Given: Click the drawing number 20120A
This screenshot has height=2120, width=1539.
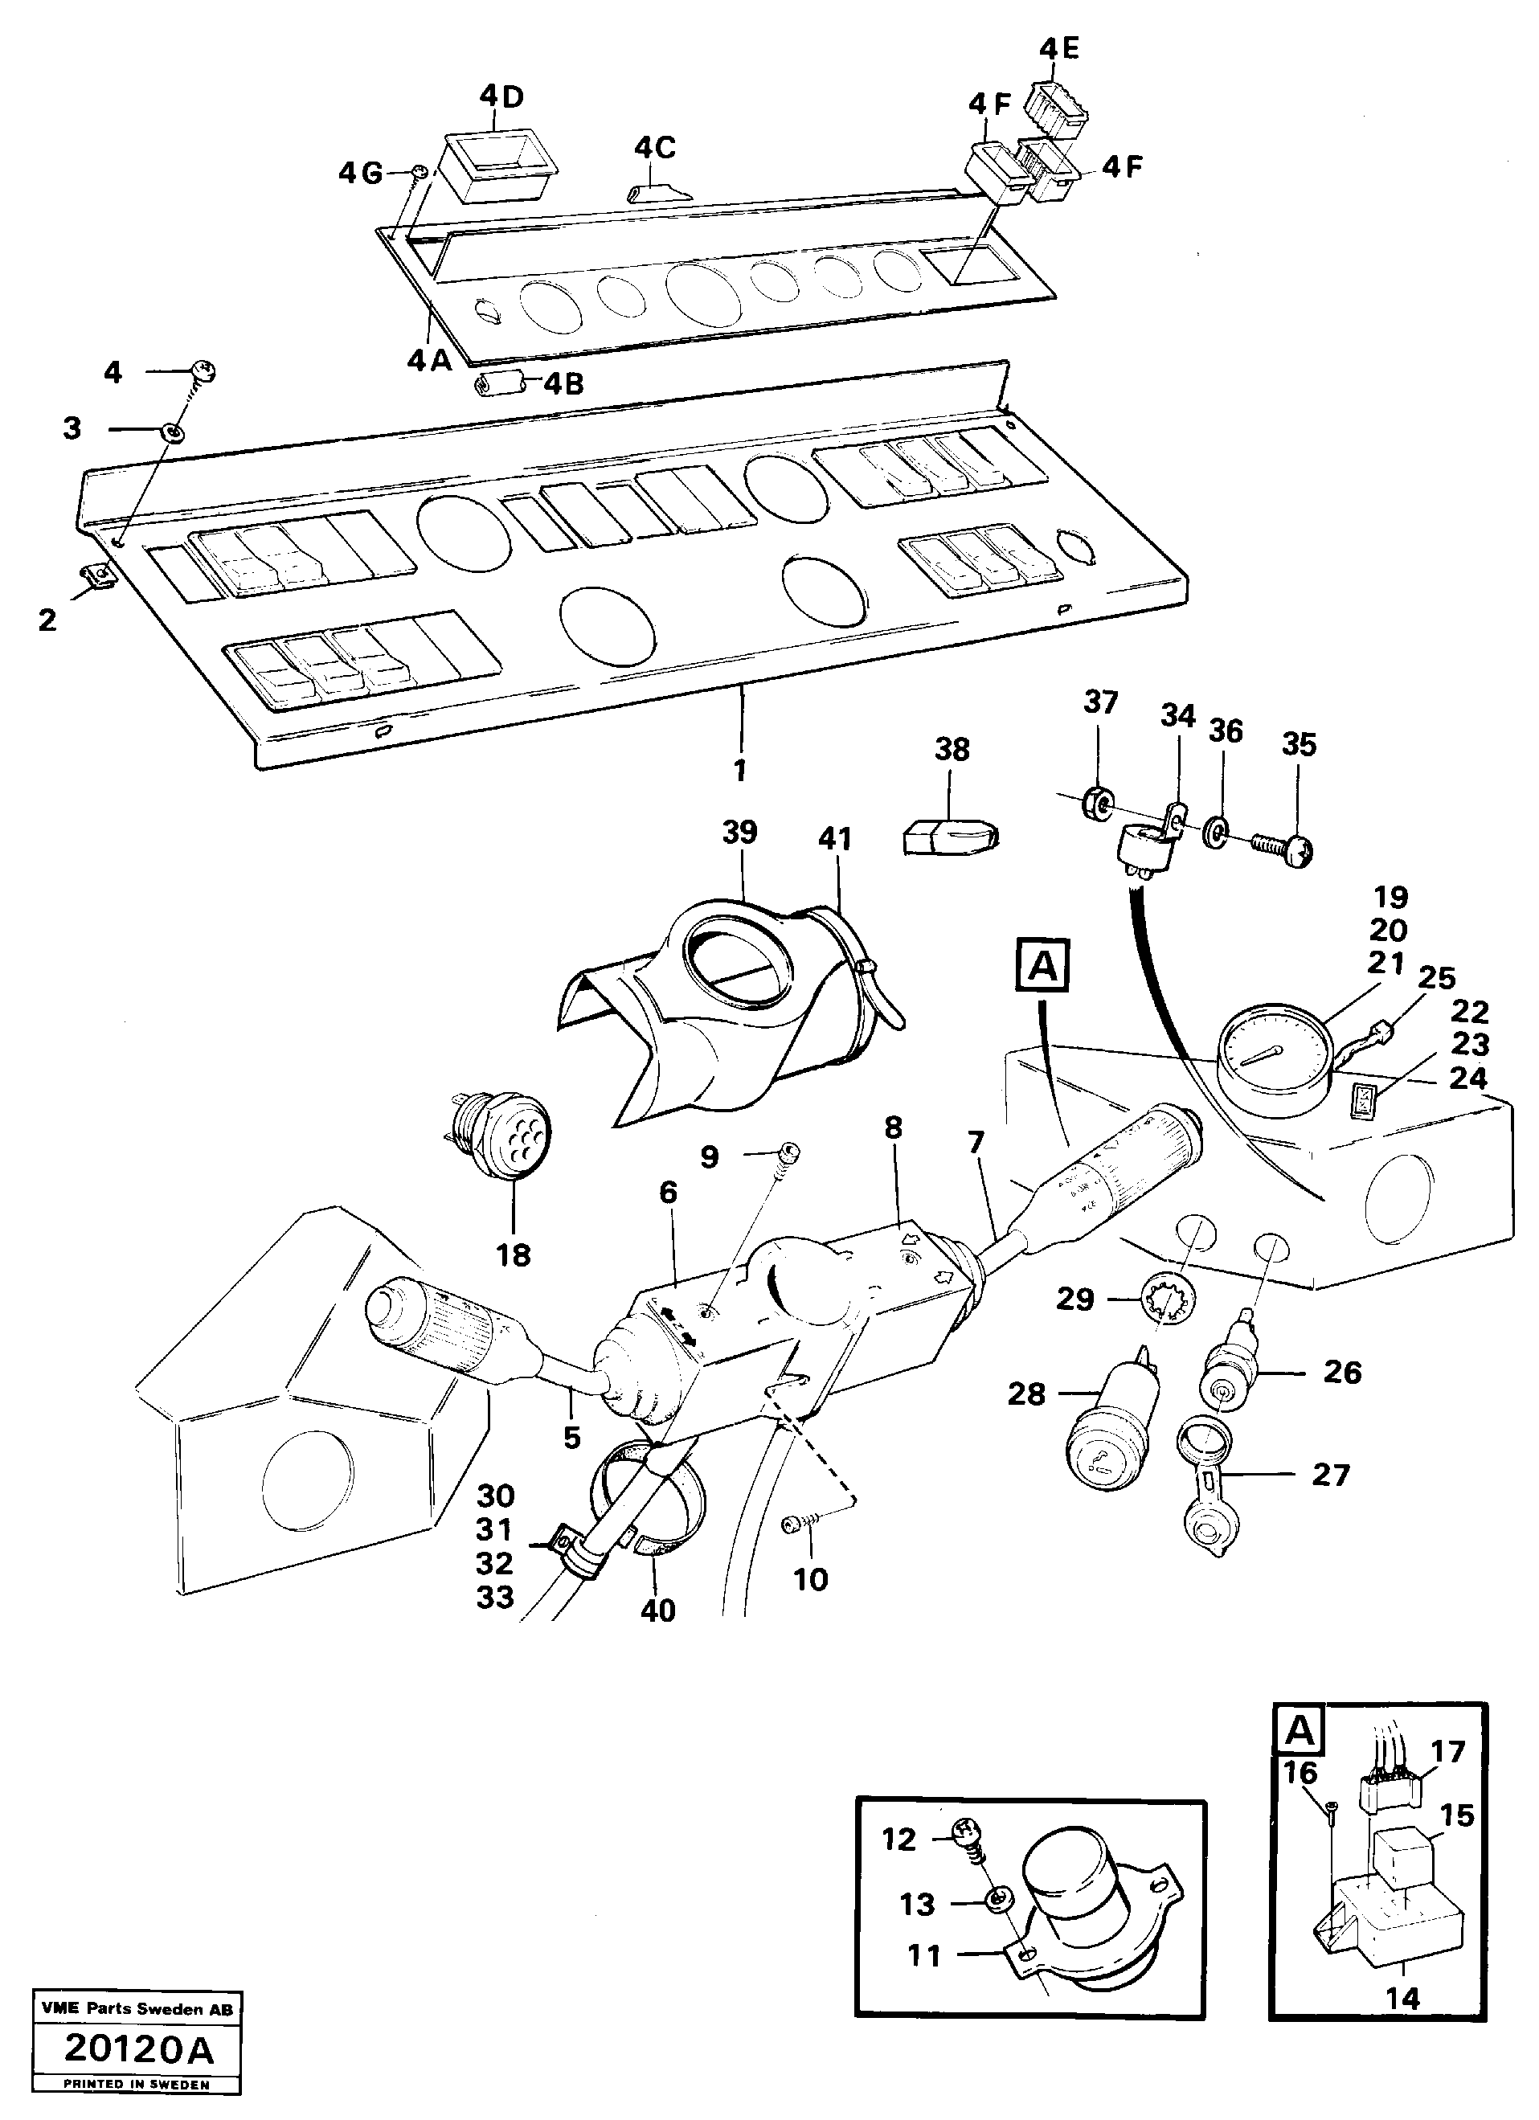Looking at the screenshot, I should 138,2069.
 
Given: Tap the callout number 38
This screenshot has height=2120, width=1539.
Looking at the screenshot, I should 951,749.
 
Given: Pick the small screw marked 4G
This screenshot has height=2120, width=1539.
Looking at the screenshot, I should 420,171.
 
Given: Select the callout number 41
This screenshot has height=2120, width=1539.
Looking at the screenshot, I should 834,838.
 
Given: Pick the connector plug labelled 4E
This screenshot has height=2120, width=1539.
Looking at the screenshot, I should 1057,103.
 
